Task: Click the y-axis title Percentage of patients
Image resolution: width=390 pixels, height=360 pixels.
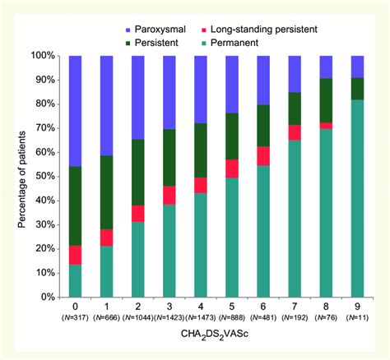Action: pyautogui.click(x=16, y=176)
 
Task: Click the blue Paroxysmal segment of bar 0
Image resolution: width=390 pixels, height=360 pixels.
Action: pyautogui.click(x=76, y=111)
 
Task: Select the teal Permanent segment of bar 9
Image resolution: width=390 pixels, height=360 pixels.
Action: pyautogui.click(x=358, y=198)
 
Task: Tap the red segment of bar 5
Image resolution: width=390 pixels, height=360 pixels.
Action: pyautogui.click(x=232, y=168)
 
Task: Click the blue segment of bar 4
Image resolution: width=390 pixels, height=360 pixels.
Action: pyautogui.click(x=201, y=90)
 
